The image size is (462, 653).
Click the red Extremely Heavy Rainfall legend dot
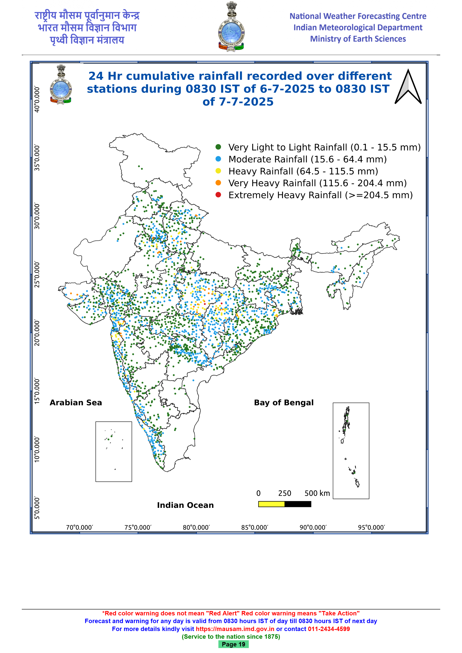click(x=218, y=195)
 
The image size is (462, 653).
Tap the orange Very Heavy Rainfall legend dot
click(x=218, y=183)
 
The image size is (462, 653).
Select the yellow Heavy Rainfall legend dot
click(x=218, y=171)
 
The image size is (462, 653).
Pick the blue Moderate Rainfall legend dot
click(x=218, y=159)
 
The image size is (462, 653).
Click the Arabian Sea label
click(x=76, y=402)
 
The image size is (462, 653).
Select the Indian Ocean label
click(x=185, y=505)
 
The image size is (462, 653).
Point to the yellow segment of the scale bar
click(x=271, y=504)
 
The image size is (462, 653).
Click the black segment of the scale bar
click(x=298, y=504)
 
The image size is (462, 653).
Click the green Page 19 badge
click(x=234, y=644)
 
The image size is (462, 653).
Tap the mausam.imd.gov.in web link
click(x=235, y=629)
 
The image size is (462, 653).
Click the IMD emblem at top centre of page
click(x=231, y=26)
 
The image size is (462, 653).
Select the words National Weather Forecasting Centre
click(x=358, y=16)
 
